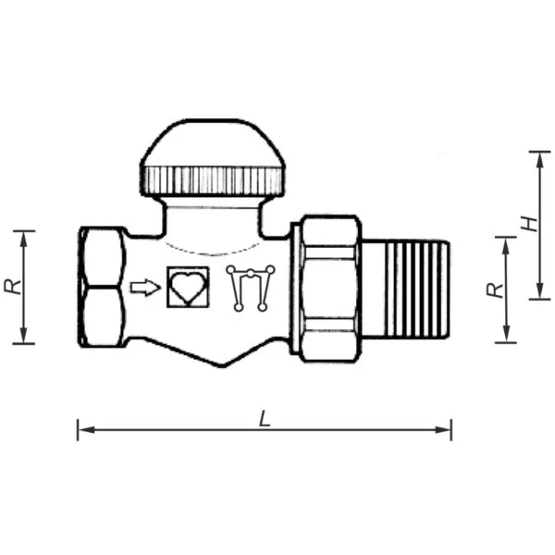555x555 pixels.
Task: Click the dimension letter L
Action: [265, 418]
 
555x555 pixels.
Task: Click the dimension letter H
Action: [530, 224]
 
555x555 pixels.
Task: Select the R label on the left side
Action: [13, 287]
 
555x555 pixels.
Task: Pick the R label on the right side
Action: [495, 290]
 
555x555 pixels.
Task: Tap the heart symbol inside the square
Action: [188, 287]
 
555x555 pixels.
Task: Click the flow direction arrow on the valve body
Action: [145, 288]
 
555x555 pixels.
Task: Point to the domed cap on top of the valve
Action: [213, 143]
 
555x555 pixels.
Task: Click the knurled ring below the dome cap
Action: [213, 180]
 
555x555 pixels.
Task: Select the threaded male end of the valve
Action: [407, 289]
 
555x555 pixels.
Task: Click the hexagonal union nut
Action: [330, 289]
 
